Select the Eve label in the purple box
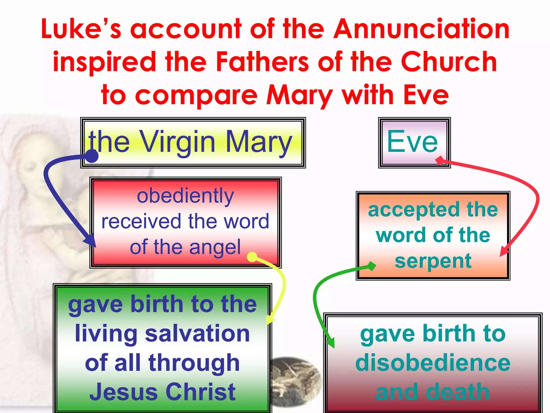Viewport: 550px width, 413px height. pos(412,142)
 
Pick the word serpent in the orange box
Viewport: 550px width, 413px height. pos(433,261)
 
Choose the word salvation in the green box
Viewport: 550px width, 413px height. pos(197,333)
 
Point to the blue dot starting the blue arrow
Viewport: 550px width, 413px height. pos(92,156)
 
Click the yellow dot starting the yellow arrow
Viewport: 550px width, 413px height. pos(252,257)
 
